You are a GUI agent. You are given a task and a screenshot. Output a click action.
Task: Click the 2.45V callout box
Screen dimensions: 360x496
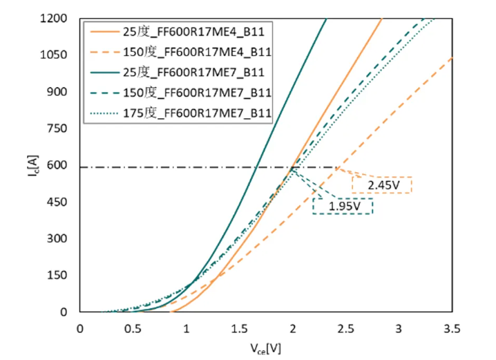click(x=381, y=185)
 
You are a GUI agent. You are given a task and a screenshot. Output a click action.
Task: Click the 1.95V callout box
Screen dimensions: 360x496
click(x=343, y=206)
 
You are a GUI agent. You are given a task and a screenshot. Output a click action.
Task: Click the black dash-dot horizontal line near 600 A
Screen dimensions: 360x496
click(x=173, y=167)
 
